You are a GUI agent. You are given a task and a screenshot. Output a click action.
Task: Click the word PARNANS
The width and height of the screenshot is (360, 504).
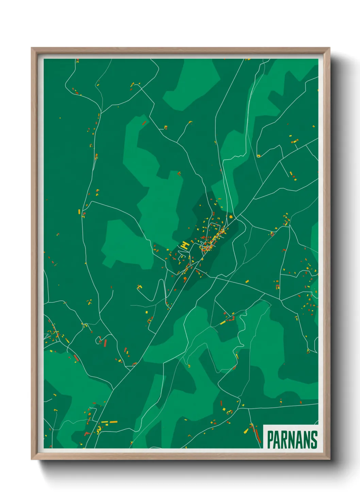coord(292,440)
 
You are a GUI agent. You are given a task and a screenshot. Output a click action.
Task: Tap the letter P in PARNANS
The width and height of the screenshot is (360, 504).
coord(270,440)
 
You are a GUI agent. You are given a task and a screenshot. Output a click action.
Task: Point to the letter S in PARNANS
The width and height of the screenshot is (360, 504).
coord(314,440)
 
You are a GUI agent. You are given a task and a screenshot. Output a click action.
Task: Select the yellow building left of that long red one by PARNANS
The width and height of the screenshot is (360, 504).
coord(246,431)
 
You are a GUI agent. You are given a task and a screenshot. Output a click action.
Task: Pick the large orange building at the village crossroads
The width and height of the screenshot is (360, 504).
coord(231,216)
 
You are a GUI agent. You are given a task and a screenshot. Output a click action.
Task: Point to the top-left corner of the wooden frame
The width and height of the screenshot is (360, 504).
coord(32,48)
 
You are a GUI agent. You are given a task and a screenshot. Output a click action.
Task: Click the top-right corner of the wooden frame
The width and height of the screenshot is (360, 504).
coord(329,48)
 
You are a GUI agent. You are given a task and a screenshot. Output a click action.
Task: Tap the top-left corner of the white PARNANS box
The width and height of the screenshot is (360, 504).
coord(264,425)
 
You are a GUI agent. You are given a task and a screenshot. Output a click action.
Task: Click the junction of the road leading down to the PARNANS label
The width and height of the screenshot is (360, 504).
coord(248,408)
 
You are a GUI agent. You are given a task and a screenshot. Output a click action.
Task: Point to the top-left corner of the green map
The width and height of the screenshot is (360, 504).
coord(44,59)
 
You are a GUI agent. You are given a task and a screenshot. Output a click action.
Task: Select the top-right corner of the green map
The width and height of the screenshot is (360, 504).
coord(318,59)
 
